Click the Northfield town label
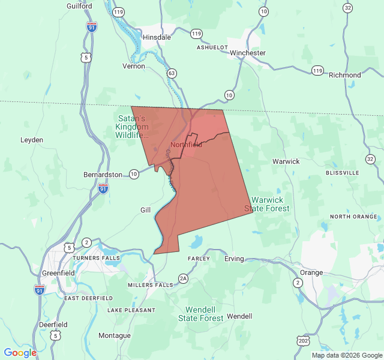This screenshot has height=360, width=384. click(x=185, y=145)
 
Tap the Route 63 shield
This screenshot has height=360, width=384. click(x=172, y=73)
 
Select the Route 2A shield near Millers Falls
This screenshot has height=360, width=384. click(x=183, y=278)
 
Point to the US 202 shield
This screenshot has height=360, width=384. click(x=303, y=340)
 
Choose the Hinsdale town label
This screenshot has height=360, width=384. click(x=157, y=37)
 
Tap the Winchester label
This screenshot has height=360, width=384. click(x=247, y=53)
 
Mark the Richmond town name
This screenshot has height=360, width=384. click(x=345, y=75)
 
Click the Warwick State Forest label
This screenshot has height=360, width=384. click(x=267, y=204)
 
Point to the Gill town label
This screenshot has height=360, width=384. click(x=146, y=210)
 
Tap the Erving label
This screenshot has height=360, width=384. click(x=234, y=259)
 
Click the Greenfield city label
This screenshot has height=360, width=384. click(x=58, y=273)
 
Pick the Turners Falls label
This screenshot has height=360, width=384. click(x=96, y=258)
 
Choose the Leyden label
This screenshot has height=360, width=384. click(x=32, y=140)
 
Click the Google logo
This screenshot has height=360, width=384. click(x=20, y=353)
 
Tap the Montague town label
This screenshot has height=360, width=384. click(x=114, y=335)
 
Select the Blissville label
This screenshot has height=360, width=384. click(x=342, y=172)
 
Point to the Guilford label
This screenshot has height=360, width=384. click(x=80, y=6)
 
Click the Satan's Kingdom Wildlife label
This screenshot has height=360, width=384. click(x=132, y=127)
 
